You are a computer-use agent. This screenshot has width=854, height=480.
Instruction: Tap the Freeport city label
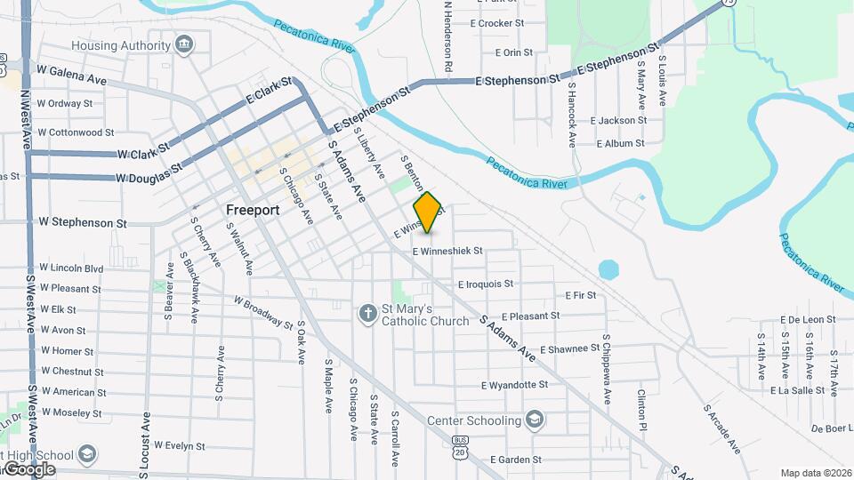253,211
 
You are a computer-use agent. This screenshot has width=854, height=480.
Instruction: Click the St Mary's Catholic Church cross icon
367,313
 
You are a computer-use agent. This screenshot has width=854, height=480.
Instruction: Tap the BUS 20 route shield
459,447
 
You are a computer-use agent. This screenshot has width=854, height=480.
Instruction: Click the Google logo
28,468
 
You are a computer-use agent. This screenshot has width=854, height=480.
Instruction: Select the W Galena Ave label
71,75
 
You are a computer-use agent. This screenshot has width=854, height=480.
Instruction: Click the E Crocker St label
496,23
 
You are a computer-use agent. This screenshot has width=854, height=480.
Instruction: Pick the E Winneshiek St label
447,252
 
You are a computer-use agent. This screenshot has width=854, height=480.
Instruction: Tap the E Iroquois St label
485,284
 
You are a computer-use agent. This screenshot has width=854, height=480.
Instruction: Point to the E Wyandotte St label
514,386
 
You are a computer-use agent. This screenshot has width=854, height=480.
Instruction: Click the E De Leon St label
808,319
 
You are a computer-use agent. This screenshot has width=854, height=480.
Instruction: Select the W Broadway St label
264,312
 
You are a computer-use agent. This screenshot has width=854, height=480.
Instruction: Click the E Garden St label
514,460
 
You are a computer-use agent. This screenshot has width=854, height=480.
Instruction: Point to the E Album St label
620,143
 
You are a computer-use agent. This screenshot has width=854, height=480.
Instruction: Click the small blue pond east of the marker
608,268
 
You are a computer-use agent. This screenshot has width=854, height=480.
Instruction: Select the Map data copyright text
816,472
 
